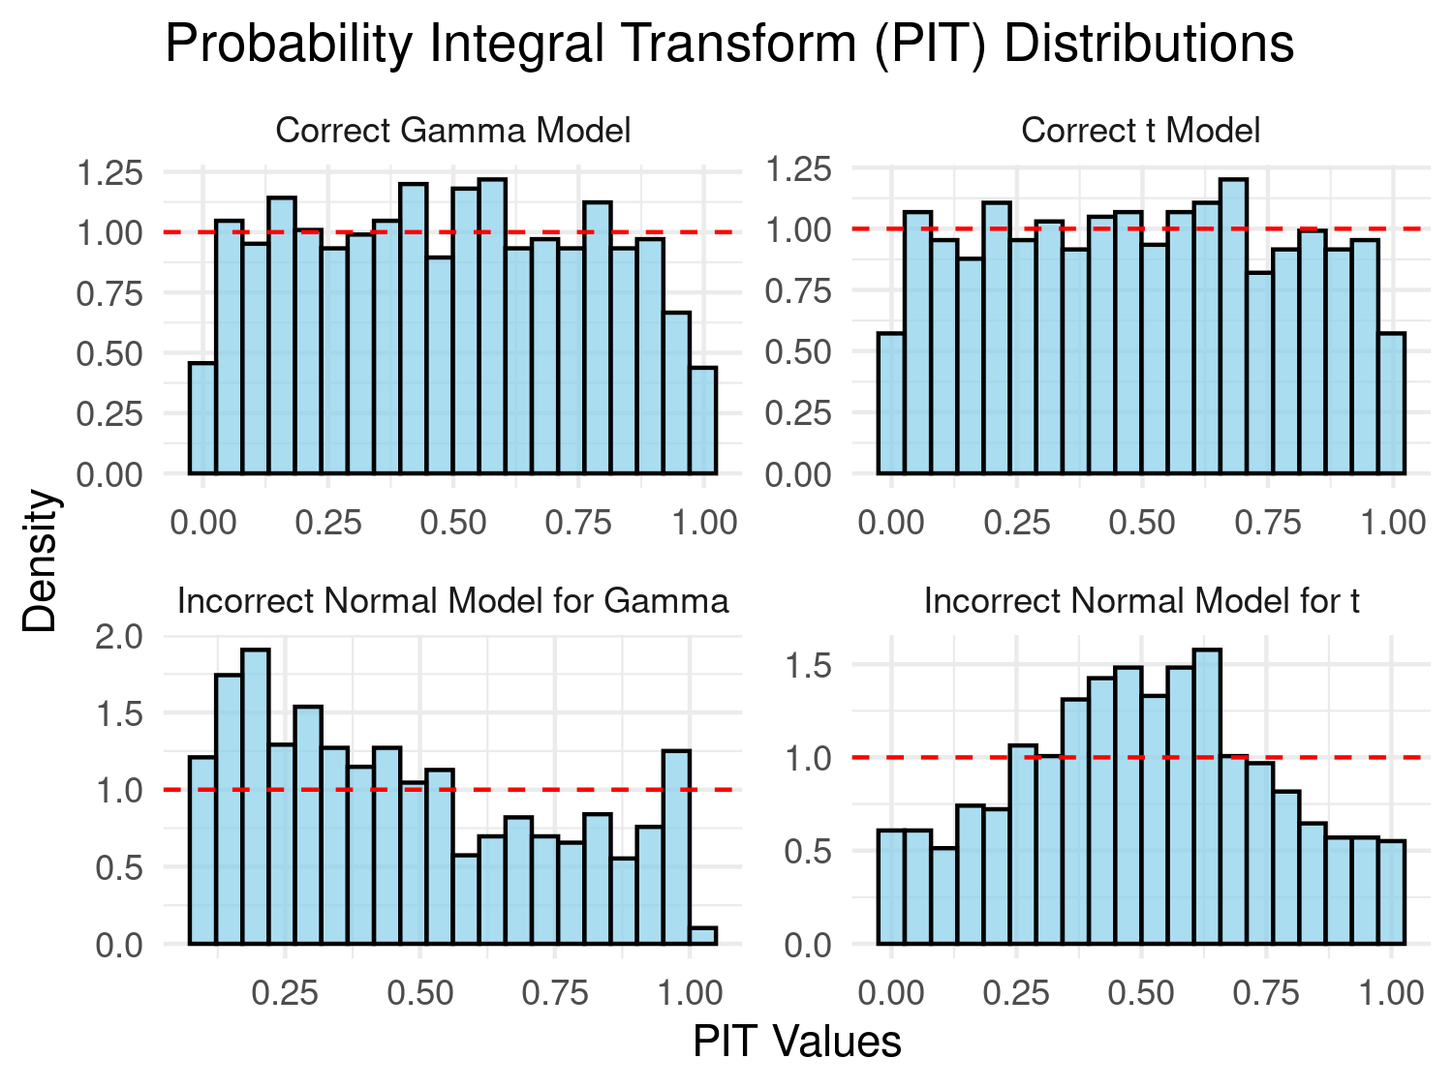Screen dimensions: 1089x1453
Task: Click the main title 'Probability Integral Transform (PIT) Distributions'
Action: (728, 45)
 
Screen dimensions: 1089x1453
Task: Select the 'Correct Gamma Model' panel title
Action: (452, 130)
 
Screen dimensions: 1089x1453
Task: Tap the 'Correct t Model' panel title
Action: (1140, 130)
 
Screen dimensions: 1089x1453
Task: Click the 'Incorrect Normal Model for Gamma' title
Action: (452, 601)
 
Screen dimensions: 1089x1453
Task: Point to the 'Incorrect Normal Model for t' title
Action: (1141, 601)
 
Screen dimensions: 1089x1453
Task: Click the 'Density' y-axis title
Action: (41, 560)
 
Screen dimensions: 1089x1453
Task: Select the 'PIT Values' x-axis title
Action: (797, 1042)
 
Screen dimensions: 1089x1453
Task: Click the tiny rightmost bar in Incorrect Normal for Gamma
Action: (703, 936)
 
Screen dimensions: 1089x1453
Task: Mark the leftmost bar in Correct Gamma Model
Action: (202, 418)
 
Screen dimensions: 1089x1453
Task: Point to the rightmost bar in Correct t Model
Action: (1392, 404)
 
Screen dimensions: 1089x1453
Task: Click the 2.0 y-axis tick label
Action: (118, 636)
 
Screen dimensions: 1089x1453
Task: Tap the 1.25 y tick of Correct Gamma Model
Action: (108, 173)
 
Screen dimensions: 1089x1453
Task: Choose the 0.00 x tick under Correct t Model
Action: (890, 523)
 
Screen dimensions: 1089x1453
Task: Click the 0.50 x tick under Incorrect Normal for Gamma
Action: (418, 993)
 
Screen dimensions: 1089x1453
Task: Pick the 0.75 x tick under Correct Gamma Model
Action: (578, 523)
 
